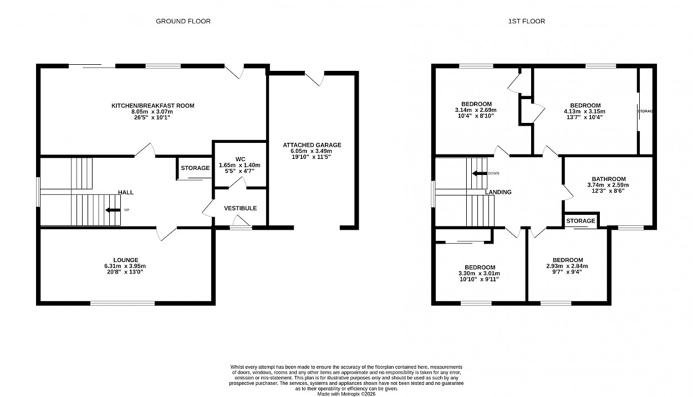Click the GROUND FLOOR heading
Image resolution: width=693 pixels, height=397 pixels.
[183, 22]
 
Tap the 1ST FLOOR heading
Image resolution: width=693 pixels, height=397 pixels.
[527, 22]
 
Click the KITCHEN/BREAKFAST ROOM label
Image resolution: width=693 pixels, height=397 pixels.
[153, 106]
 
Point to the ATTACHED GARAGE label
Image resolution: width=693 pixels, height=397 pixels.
[312, 145]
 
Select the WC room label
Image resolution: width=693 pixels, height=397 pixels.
[241, 159]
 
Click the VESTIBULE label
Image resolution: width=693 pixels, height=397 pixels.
[241, 208]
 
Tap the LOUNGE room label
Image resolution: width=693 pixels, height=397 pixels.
[126, 260]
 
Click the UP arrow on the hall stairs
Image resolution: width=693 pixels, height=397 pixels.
[113, 210]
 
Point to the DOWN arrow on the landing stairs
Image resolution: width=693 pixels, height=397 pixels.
[480, 173]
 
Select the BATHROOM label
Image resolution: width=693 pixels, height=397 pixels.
[609, 179]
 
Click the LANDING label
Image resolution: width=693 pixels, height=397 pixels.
[498, 192]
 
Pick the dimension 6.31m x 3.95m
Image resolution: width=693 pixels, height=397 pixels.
[125, 266]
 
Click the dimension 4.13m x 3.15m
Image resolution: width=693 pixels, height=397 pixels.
[585, 111]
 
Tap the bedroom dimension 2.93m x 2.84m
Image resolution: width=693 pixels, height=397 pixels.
[567, 266]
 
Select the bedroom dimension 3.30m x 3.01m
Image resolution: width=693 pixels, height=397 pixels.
[479, 274]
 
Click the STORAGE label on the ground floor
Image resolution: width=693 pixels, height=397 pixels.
[195, 168]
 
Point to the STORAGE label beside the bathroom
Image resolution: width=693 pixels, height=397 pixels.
[580, 221]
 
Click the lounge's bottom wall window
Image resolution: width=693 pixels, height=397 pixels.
[123, 303]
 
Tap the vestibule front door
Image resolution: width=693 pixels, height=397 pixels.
[241, 228]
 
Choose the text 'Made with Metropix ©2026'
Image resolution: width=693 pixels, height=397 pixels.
[346, 394]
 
